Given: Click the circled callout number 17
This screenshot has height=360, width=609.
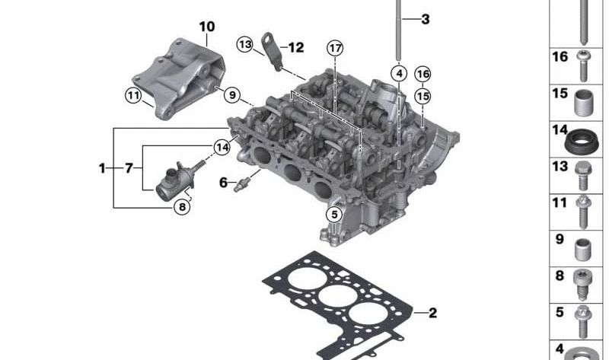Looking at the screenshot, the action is coord(335,49).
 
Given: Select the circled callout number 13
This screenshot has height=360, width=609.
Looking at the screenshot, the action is coord(245,44).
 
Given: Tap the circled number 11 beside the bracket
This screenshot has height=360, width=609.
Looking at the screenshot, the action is coord(133,95).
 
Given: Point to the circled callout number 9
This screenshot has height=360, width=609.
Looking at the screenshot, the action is coord(232,95).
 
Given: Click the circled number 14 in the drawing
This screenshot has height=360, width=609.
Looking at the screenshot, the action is coord(222,147).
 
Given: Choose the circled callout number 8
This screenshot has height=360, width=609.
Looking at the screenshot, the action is coord(182,207).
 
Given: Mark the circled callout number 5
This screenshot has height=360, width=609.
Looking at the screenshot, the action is coord(334,214).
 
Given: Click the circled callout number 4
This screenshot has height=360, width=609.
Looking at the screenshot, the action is coord(399,73).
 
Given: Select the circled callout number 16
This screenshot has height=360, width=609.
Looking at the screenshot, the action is coord(422,74).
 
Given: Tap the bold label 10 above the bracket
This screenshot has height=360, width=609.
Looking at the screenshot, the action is coord(206,27).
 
